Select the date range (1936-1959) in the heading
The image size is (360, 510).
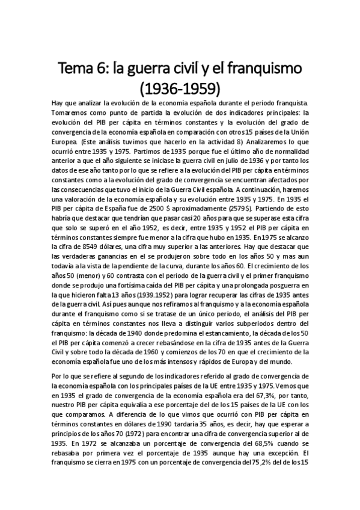pyautogui.click(x=180, y=88)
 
